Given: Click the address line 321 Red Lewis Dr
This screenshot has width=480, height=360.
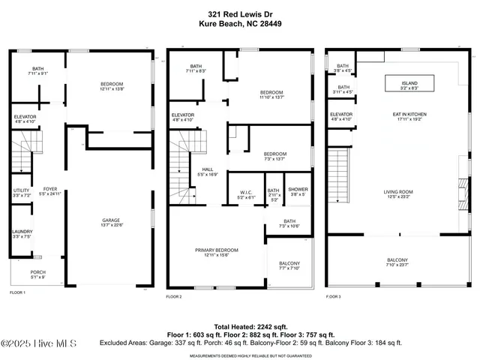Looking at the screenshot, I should pos(239,13).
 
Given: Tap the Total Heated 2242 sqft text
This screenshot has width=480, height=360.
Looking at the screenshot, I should pos(240,327).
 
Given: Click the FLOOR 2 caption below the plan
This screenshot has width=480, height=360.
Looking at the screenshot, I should pos(175,297).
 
